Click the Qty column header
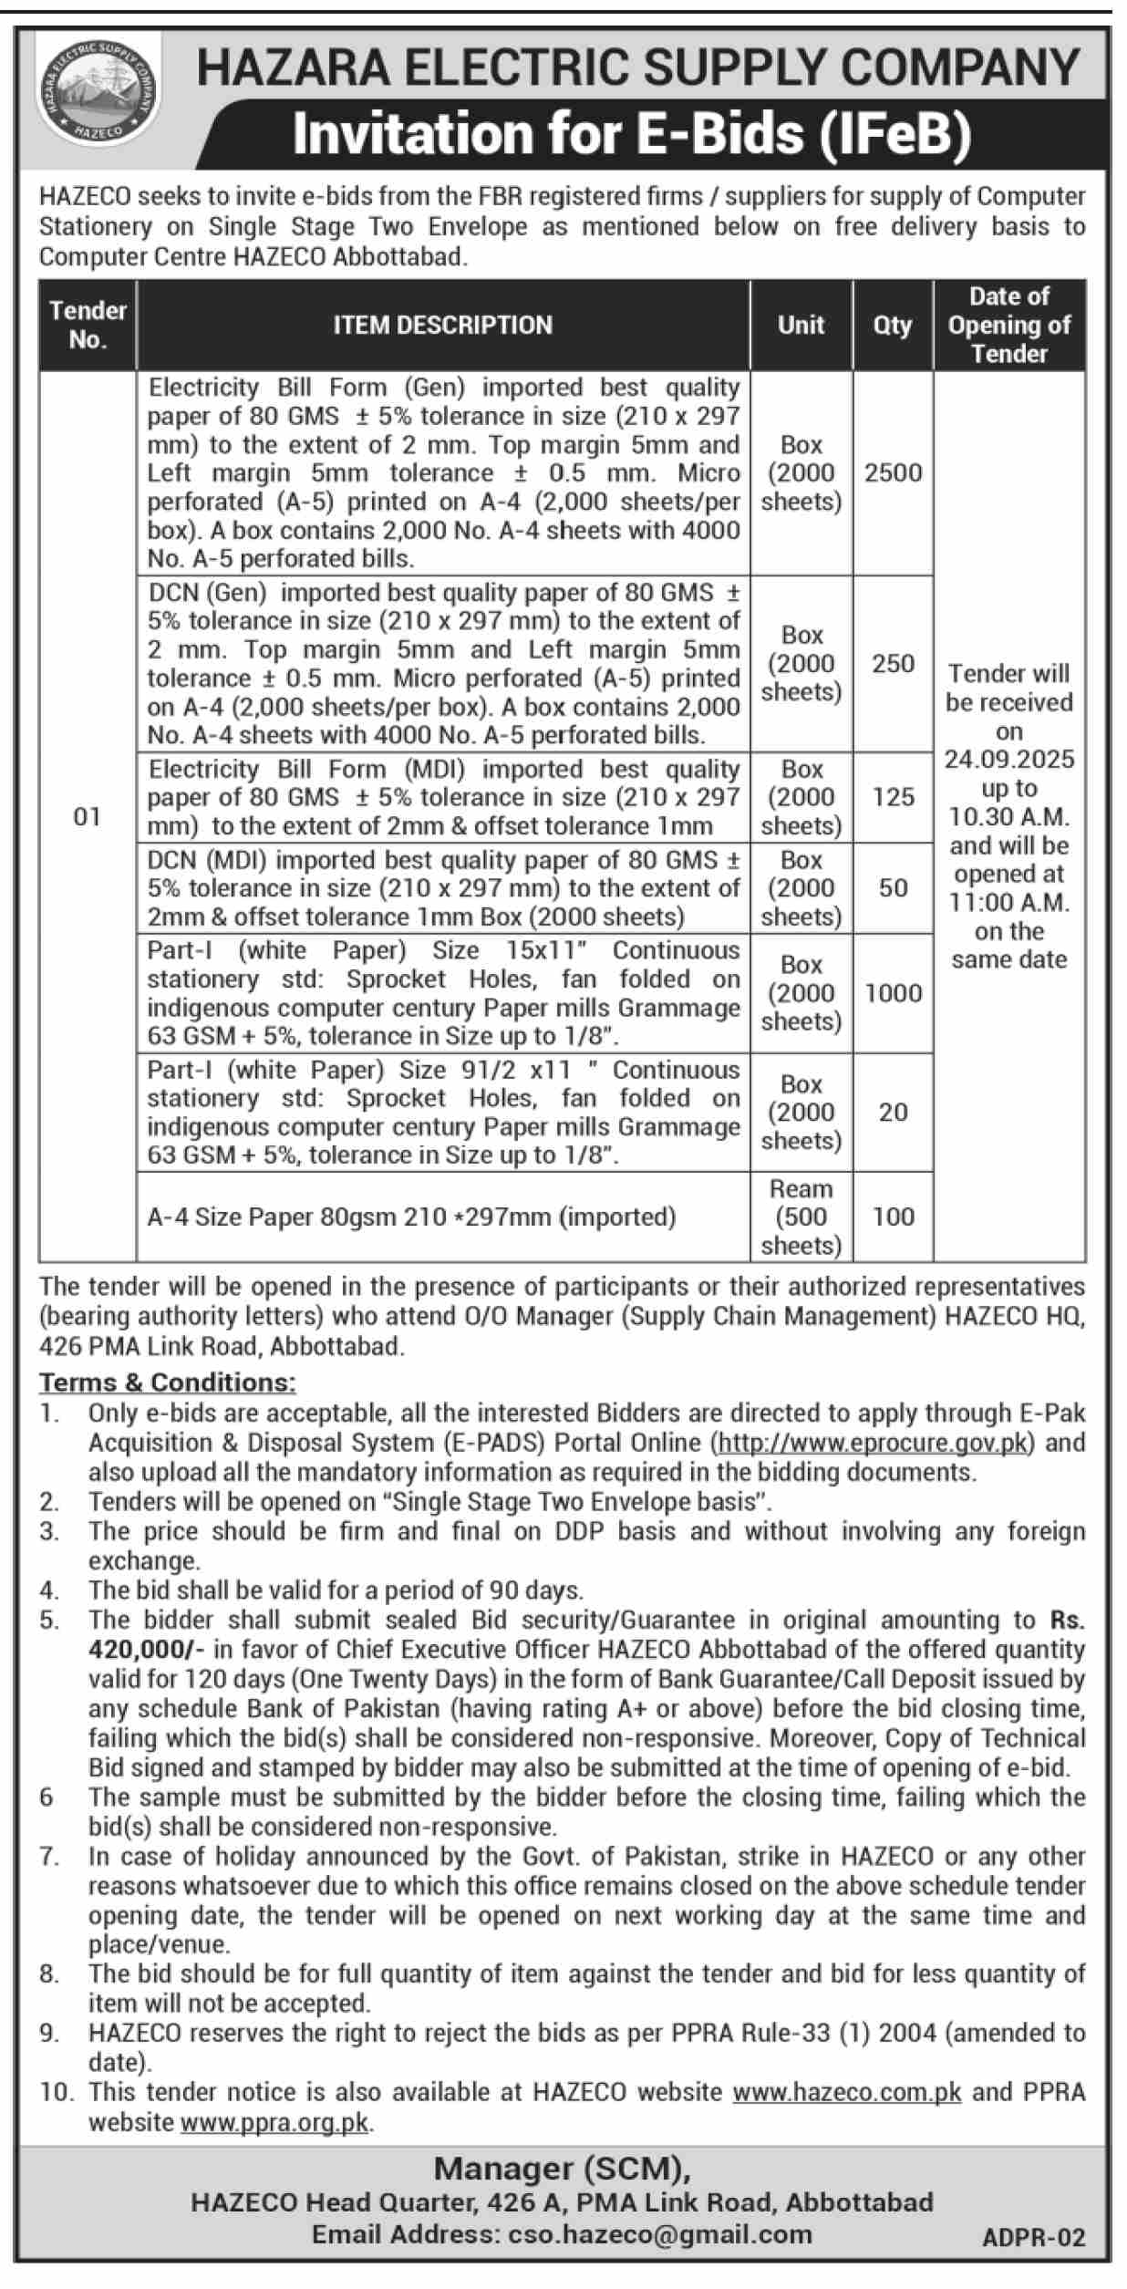click(892, 325)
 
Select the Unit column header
click(801, 325)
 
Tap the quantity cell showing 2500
click(893, 472)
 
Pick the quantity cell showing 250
click(893, 663)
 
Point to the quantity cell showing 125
click(893, 797)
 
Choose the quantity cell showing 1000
click(893, 993)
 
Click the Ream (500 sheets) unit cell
click(801, 1217)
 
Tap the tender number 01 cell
click(87, 816)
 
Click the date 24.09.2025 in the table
click(1008, 760)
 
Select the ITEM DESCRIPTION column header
click(442, 325)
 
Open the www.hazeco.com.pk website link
click(846, 2091)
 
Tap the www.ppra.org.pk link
click(274, 2122)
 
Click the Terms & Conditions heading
click(167, 1383)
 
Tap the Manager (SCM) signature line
click(561, 2168)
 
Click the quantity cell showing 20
click(893, 1112)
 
